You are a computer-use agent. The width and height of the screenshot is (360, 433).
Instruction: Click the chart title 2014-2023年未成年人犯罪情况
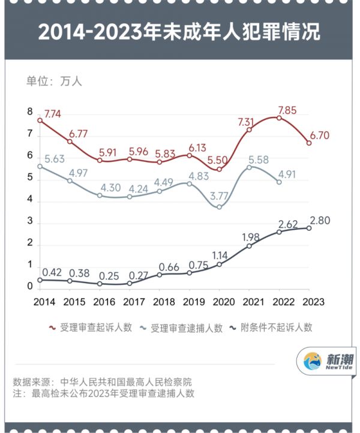179,32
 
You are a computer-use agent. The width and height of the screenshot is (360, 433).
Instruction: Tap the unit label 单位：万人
53,82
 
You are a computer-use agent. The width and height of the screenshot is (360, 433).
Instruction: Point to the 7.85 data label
287,110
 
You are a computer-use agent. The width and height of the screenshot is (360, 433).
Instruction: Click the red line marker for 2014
40,121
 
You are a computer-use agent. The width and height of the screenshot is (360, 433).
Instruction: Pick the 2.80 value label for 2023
321,220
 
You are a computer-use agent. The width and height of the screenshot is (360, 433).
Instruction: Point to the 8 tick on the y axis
29,112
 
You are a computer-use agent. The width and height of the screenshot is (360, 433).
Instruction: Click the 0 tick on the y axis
29,287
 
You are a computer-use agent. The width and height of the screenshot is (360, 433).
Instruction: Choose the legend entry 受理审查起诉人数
90,327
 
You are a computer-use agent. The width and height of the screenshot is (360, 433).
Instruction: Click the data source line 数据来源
103,381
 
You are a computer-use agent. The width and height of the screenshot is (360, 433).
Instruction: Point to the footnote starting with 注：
103,393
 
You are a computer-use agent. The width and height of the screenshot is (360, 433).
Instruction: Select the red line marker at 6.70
309,143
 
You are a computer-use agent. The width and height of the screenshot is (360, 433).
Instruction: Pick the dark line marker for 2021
250,246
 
